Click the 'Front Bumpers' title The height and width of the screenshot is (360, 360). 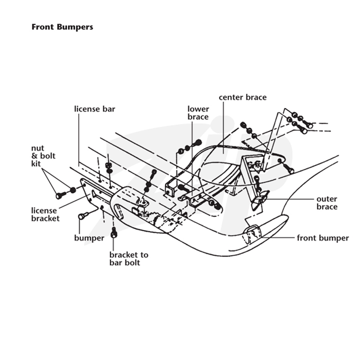(62, 27)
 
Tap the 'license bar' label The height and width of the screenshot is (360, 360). (94, 109)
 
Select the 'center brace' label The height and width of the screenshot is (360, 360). (243, 97)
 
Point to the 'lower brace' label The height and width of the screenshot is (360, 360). (198, 113)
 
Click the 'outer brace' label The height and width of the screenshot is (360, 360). (327, 203)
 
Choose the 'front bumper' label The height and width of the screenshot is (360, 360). (323, 238)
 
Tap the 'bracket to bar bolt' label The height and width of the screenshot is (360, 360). (129, 258)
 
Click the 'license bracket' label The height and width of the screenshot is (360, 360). (45, 214)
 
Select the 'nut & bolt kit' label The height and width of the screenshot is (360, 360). (43, 156)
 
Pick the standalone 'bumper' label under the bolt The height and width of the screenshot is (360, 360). (89, 238)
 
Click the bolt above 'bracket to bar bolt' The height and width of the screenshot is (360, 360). (114, 233)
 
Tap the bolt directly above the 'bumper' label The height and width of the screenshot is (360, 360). (83, 216)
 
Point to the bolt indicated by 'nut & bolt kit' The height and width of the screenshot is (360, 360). (61, 195)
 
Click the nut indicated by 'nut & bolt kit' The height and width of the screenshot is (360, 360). (73, 190)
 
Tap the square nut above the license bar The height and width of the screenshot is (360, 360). (108, 165)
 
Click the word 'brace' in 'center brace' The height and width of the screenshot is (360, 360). (256, 97)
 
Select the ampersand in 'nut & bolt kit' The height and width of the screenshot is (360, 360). (35, 156)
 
